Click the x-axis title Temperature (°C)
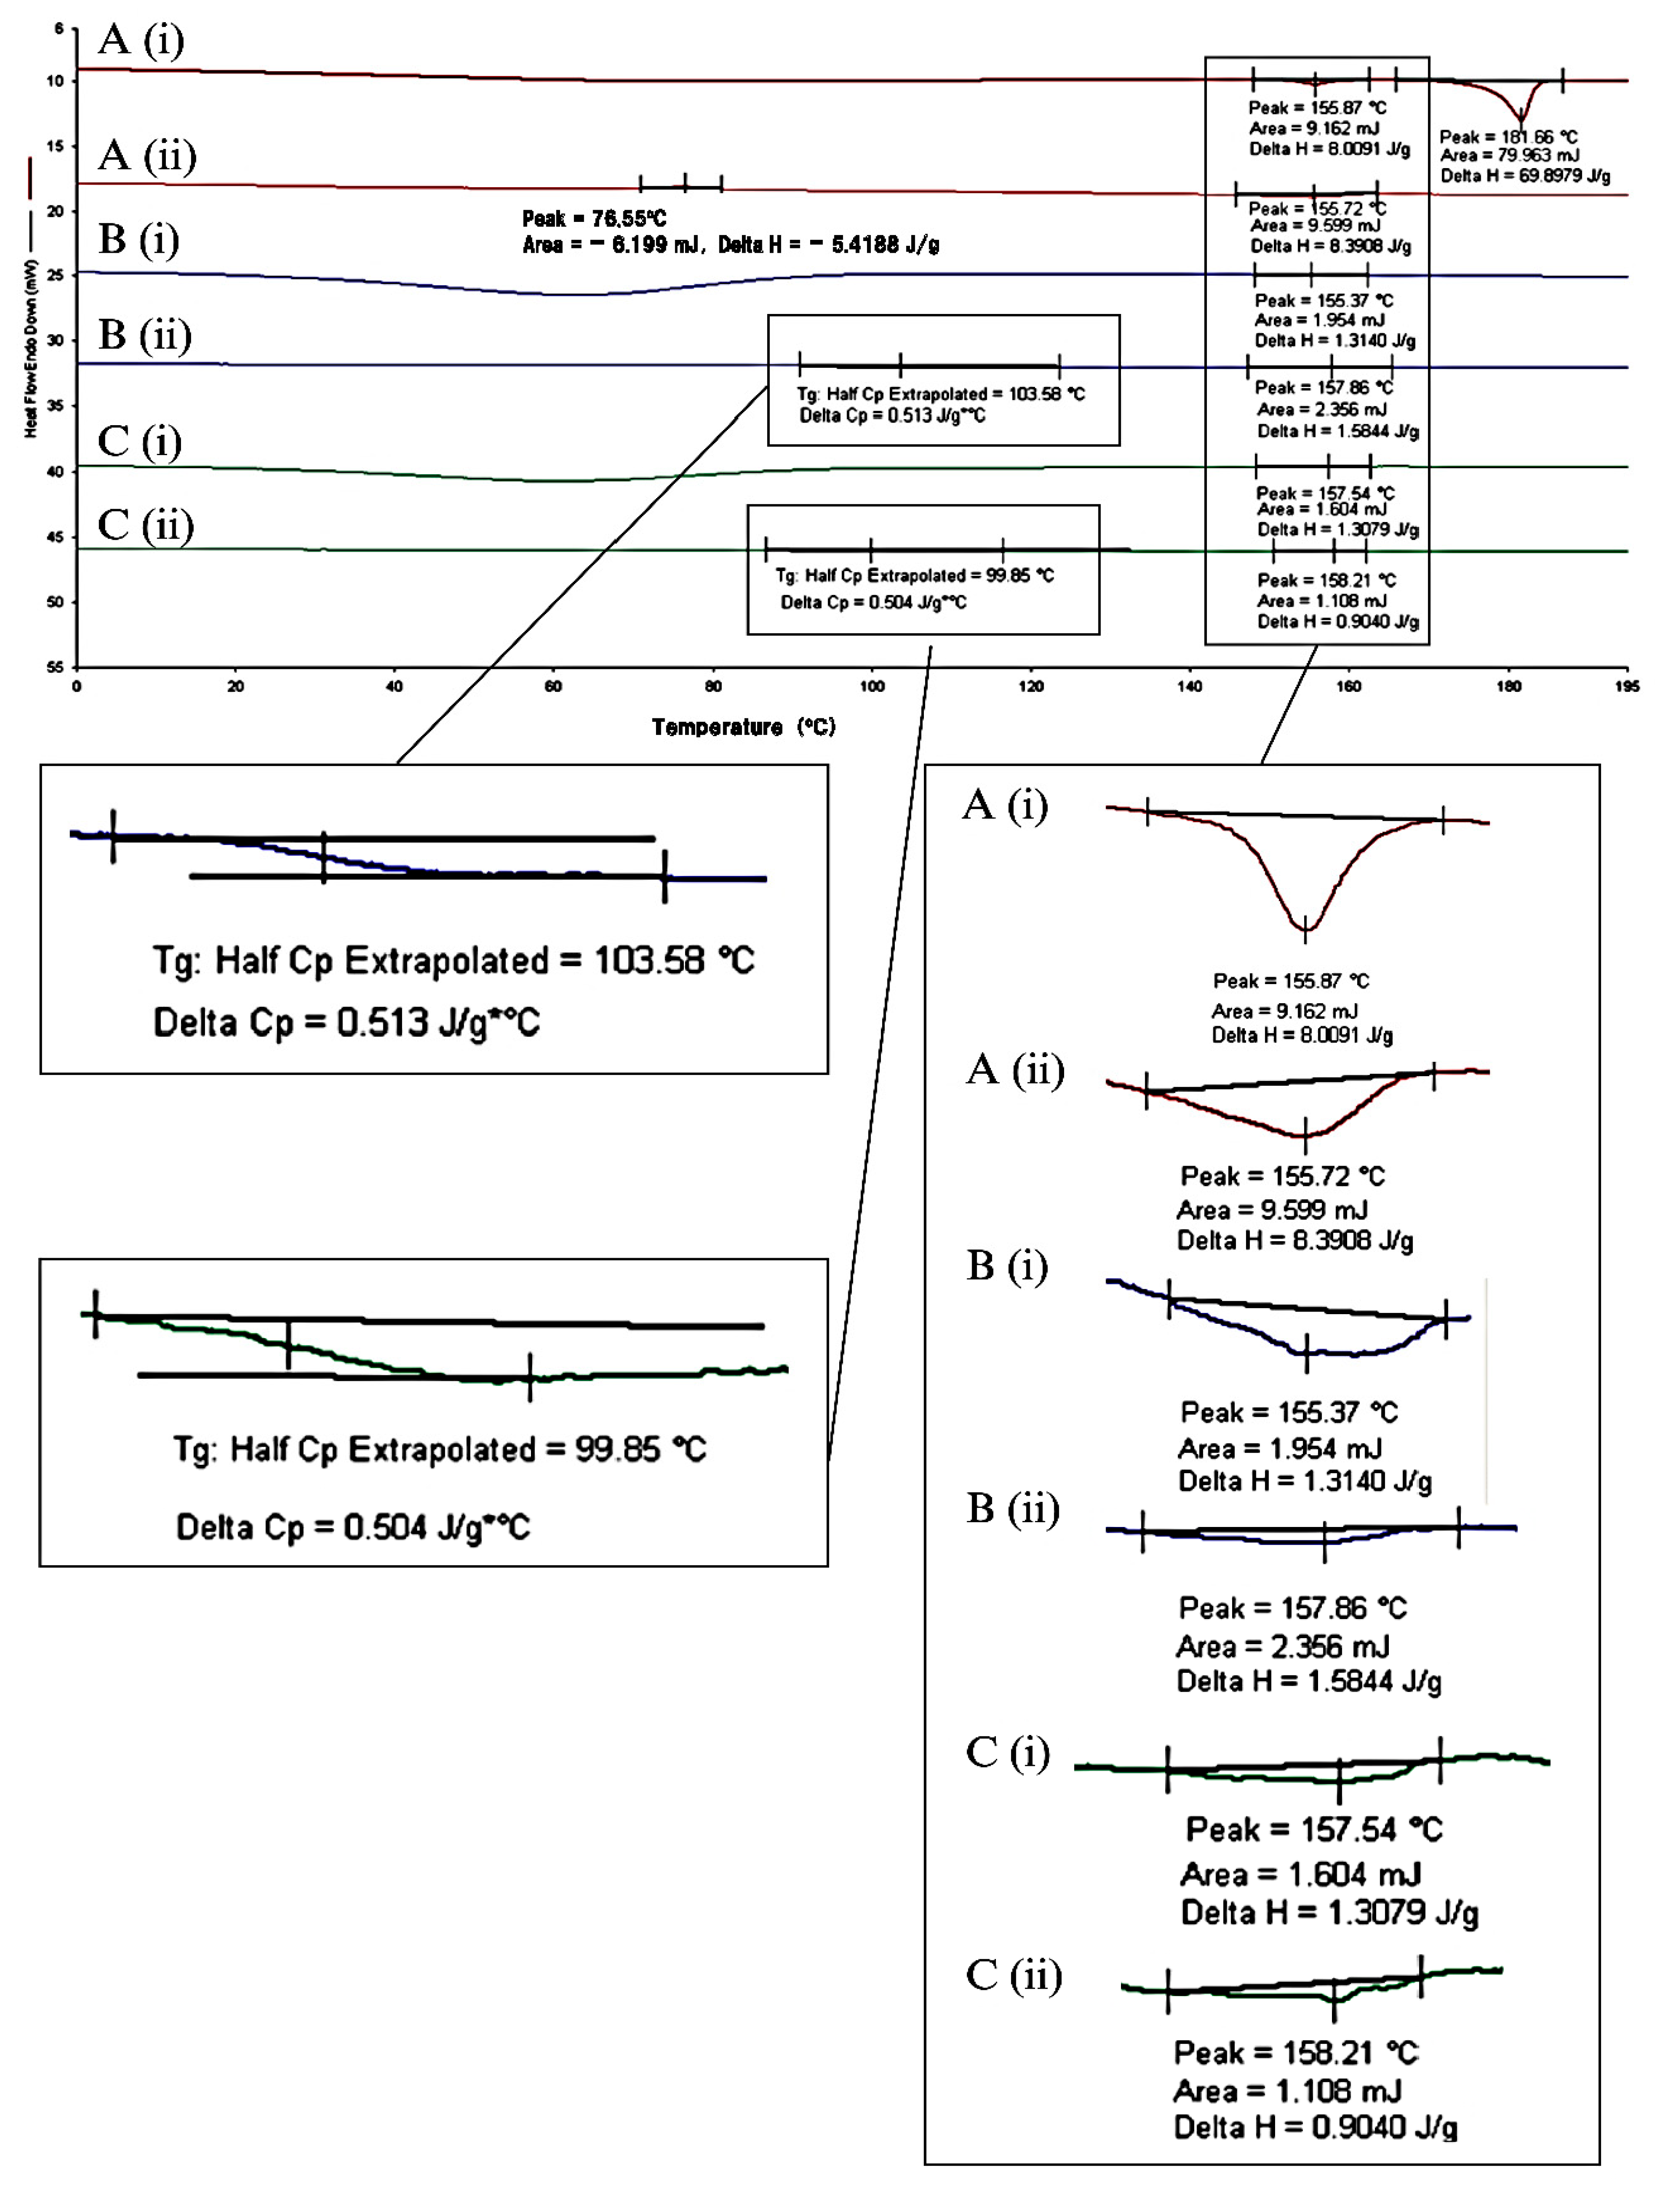coord(743,727)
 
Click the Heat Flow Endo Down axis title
coord(32,347)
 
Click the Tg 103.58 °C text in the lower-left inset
coord(453,961)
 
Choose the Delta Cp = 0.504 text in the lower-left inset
coord(353,1527)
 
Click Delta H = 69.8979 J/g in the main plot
coord(1524,176)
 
